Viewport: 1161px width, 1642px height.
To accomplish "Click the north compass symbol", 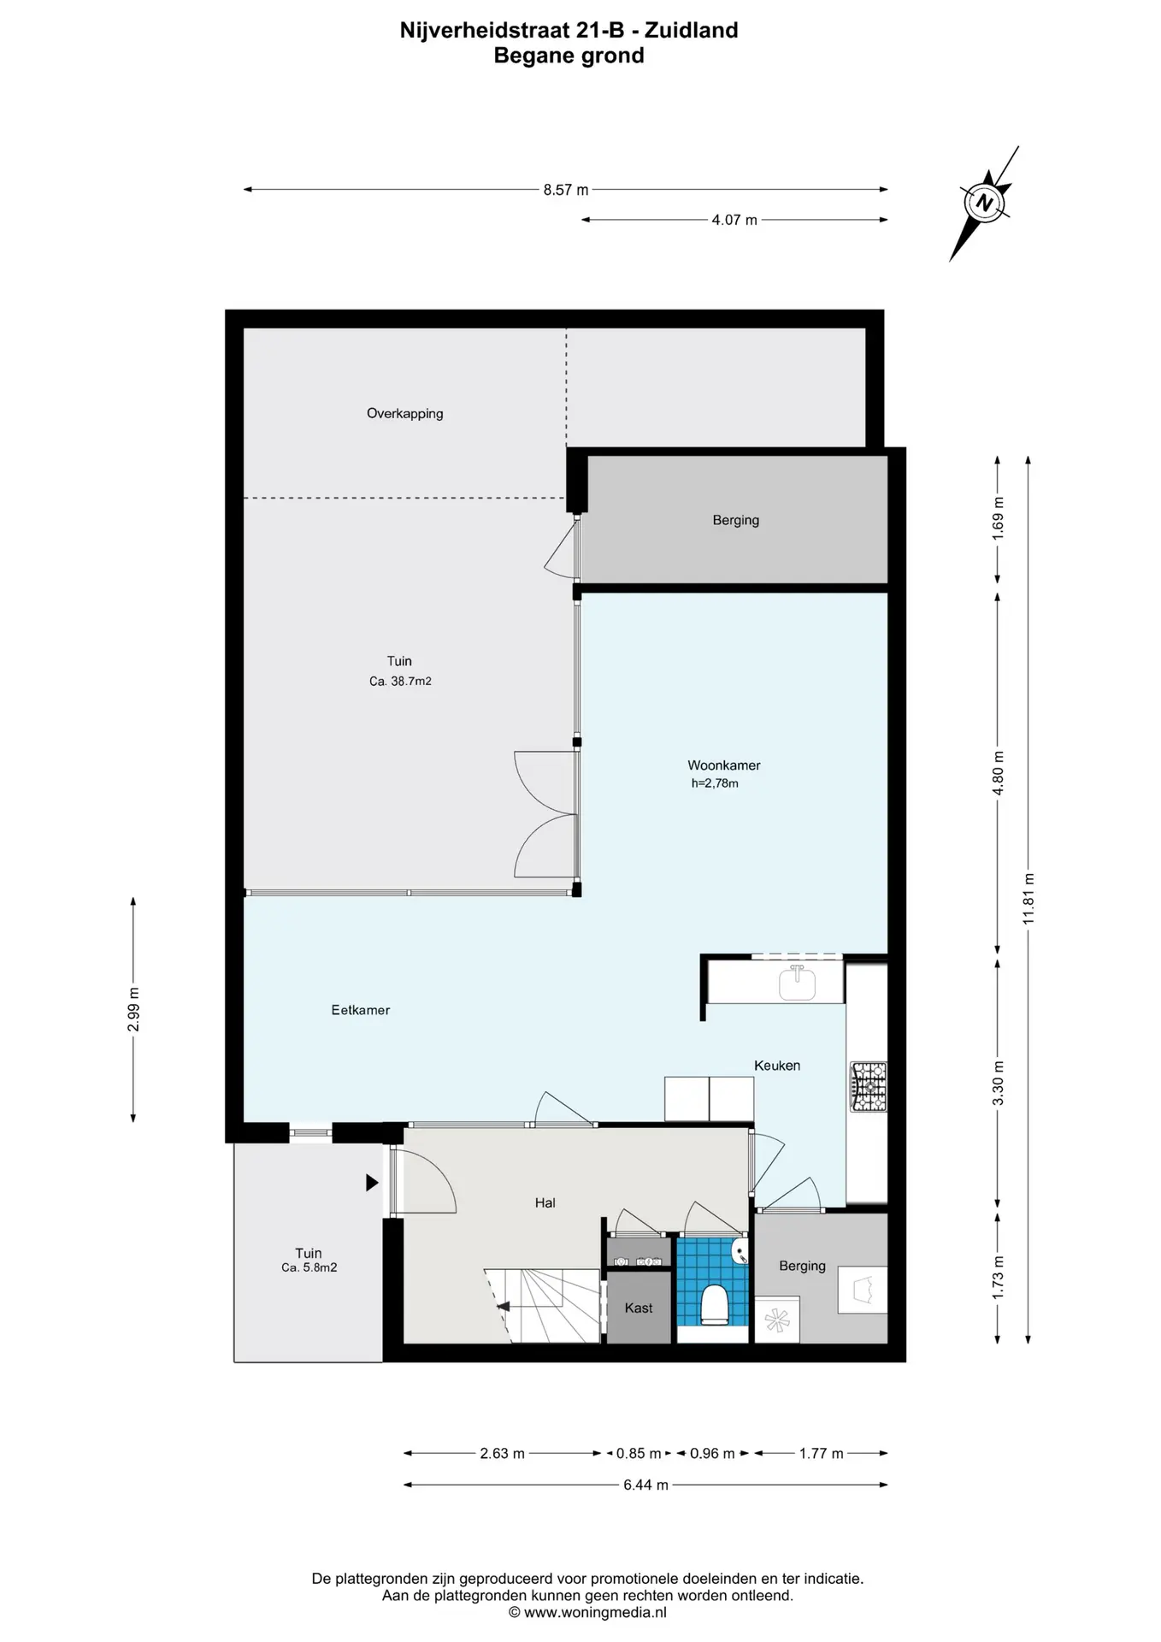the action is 985,203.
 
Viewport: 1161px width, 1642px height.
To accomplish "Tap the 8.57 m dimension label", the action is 566,190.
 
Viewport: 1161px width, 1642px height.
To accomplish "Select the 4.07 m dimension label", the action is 734,220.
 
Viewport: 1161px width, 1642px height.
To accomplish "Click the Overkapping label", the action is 404,413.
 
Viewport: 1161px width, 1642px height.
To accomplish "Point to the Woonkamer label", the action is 723,765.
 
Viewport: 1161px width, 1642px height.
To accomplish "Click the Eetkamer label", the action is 360,1010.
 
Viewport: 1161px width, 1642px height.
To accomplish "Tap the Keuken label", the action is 777,1066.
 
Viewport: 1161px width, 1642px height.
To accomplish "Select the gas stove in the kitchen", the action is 868,1086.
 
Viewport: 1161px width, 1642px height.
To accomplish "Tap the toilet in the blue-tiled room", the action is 714,1304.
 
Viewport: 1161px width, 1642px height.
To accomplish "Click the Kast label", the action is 639,1308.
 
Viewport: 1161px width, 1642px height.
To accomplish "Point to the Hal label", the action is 545,1202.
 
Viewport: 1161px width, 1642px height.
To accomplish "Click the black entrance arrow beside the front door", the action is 372,1183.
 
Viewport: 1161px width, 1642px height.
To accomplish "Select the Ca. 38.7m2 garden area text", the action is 400,682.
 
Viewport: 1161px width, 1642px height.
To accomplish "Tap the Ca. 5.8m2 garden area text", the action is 309,1267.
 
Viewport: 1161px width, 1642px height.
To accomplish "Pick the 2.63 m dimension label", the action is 502,1453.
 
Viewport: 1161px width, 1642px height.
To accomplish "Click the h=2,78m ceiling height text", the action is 715,783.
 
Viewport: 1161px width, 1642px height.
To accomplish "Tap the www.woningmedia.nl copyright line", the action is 587,1612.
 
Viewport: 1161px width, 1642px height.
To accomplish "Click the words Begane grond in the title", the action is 569,56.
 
